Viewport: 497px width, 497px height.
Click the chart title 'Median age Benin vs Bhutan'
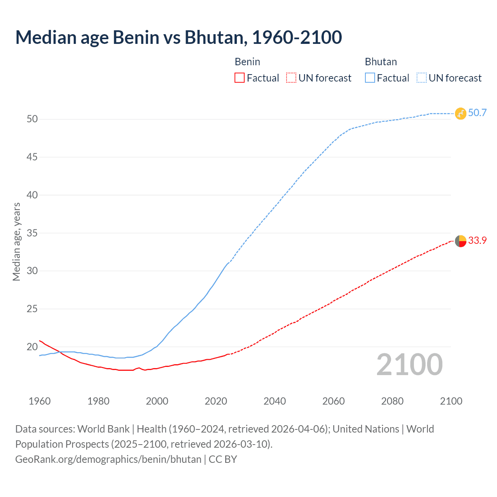178,37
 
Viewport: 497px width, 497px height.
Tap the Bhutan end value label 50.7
477,113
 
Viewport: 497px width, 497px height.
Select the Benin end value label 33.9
477,241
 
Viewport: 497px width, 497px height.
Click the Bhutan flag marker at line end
461,113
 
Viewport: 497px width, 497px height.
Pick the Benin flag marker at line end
461,241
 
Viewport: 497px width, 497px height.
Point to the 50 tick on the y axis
32,119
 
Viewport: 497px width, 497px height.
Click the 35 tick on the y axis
32,233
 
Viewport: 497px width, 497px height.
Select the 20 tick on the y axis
32,347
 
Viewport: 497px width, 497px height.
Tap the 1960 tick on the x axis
40,401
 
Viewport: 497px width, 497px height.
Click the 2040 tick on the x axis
275,401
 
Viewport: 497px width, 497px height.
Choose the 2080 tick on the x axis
392,401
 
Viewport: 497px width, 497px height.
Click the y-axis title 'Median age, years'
16,242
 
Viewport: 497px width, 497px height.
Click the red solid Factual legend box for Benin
240,78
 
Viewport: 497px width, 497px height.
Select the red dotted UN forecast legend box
291,78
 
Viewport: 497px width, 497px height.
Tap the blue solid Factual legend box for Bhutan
370,78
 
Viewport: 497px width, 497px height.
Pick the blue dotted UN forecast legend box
422,78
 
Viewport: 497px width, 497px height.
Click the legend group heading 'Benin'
247,62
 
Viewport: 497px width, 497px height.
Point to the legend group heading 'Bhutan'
381,62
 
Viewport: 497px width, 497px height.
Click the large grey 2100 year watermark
409,365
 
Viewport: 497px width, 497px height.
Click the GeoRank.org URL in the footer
108,459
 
